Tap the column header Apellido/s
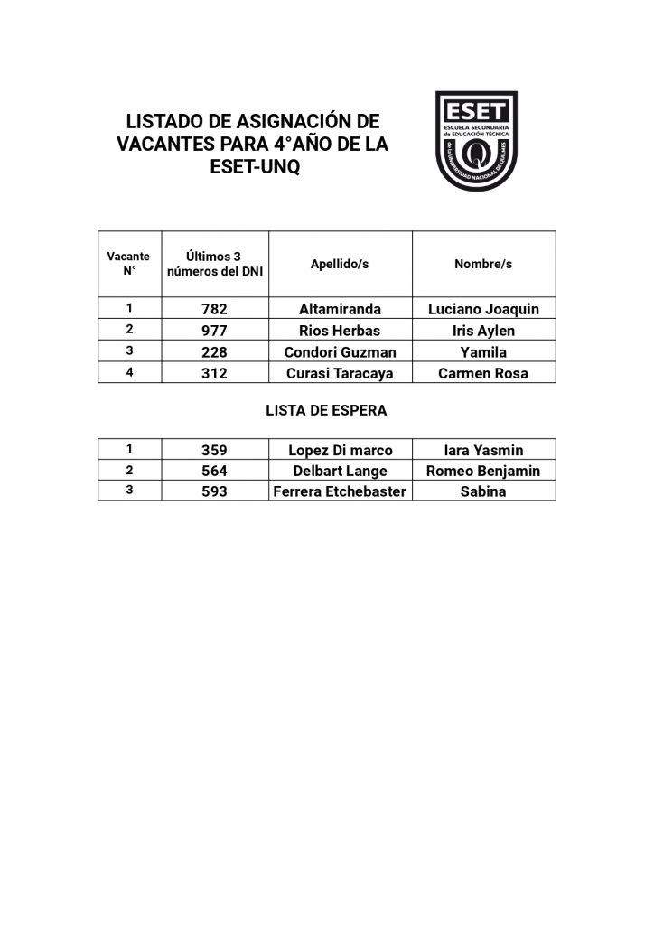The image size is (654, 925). coord(340,264)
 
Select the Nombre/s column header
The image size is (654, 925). coord(483,264)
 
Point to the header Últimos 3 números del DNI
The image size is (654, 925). coord(215,264)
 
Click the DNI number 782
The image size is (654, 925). coord(215,309)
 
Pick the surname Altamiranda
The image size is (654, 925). coord(340,309)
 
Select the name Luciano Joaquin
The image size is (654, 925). coord(483,309)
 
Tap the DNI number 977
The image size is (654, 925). coord(215,331)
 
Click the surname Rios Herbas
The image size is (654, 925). coord(340,331)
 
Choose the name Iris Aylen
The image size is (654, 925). coord(483,331)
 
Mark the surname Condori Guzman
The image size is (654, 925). coord(340,352)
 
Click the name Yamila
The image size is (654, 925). coord(483,352)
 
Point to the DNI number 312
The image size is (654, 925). coord(215,373)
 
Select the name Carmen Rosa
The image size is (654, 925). coord(483,373)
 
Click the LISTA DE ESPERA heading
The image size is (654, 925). coord(326,410)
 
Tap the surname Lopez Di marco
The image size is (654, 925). coord(340,450)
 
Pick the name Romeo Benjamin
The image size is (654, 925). coord(483,471)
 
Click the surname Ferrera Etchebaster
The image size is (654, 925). coord(340,491)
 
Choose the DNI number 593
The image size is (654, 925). coord(215,491)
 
